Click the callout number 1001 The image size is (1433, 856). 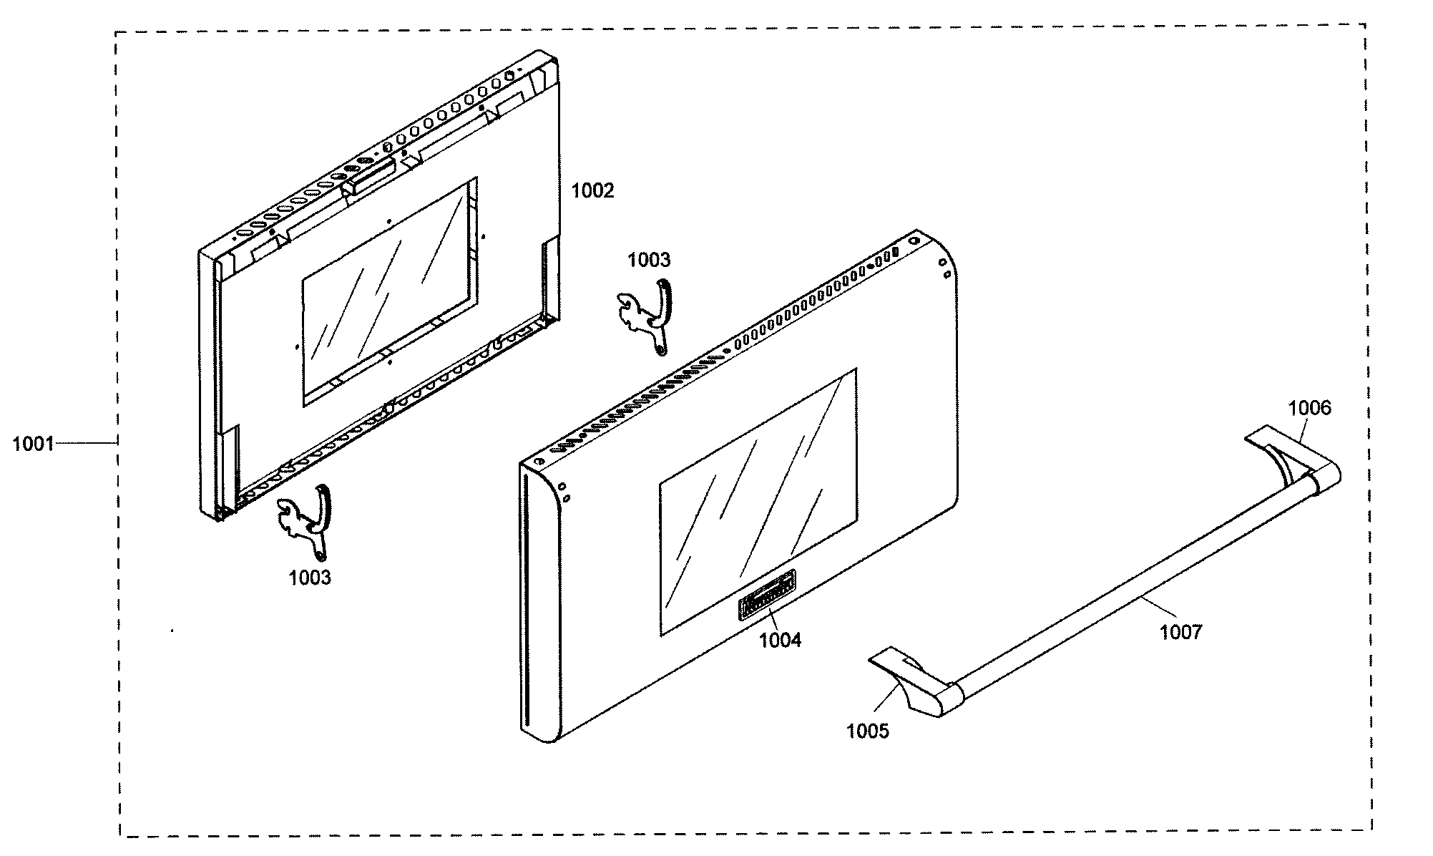click(33, 444)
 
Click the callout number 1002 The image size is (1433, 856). click(592, 190)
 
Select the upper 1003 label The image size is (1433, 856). click(649, 260)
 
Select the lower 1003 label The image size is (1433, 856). click(310, 578)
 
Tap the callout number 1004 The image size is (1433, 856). click(780, 640)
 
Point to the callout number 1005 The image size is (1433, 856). click(867, 731)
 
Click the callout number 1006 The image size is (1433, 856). click(1310, 408)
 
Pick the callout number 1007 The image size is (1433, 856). click(1180, 631)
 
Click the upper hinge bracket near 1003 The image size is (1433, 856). click(647, 315)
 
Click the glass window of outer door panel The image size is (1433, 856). click(758, 501)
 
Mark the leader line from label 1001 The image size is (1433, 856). click(86, 444)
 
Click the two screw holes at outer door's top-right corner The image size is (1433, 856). click(944, 268)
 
